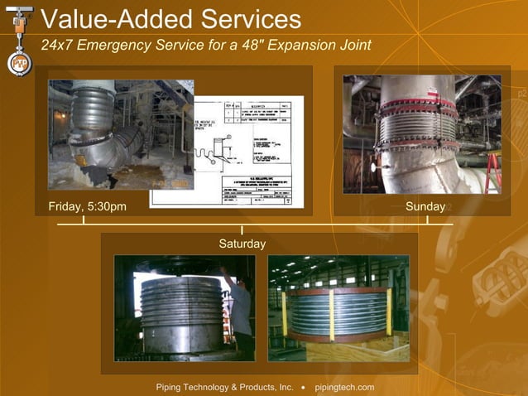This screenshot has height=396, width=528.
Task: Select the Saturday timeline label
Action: pyautogui.click(x=242, y=244)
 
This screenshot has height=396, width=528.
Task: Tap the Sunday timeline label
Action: pyautogui.click(x=425, y=206)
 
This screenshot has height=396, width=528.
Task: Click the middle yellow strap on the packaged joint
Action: pyautogui.click(x=331, y=315)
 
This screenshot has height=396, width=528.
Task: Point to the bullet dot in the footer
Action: pyautogui.click(x=304, y=387)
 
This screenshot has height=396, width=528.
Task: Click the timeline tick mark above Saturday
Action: pyautogui.click(x=242, y=229)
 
